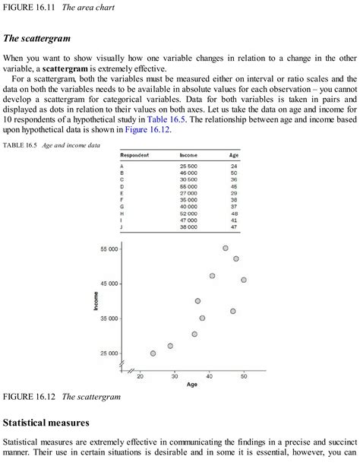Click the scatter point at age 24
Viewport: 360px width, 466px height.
click(x=153, y=353)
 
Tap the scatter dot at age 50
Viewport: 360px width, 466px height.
click(x=243, y=280)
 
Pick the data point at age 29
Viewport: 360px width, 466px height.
click(x=170, y=346)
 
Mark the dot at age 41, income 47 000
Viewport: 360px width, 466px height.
click(x=212, y=276)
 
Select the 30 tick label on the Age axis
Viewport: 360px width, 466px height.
click(x=175, y=376)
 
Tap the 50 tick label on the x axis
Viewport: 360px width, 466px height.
click(x=244, y=376)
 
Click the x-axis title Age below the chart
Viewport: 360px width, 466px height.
click(x=192, y=385)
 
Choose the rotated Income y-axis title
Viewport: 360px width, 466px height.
click(x=96, y=300)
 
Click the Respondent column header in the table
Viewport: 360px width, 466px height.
click(x=134, y=155)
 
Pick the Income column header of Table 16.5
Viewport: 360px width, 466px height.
click(x=188, y=155)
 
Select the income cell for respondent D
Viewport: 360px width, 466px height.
click(x=188, y=185)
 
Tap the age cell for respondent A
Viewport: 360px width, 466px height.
click(x=234, y=166)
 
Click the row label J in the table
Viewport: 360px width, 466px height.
click(x=122, y=227)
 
